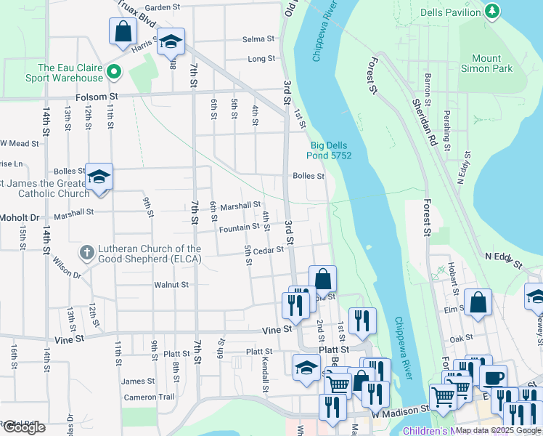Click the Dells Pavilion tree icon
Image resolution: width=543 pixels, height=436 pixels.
(x=493, y=11)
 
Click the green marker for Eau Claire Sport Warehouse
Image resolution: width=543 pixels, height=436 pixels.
(x=113, y=71)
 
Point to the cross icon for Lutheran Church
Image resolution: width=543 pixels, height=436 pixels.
(x=86, y=253)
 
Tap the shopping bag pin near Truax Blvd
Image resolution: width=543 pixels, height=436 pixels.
(x=123, y=31)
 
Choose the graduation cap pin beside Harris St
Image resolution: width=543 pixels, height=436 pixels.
(x=171, y=41)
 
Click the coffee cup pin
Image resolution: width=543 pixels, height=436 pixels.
(x=493, y=379)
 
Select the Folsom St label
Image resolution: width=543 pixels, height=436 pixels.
(x=97, y=96)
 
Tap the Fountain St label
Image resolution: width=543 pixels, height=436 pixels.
(x=240, y=227)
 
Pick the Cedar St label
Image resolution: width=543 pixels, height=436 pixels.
(x=267, y=249)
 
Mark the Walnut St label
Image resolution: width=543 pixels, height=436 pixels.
(x=171, y=285)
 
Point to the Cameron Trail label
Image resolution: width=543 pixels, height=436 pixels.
(x=150, y=397)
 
